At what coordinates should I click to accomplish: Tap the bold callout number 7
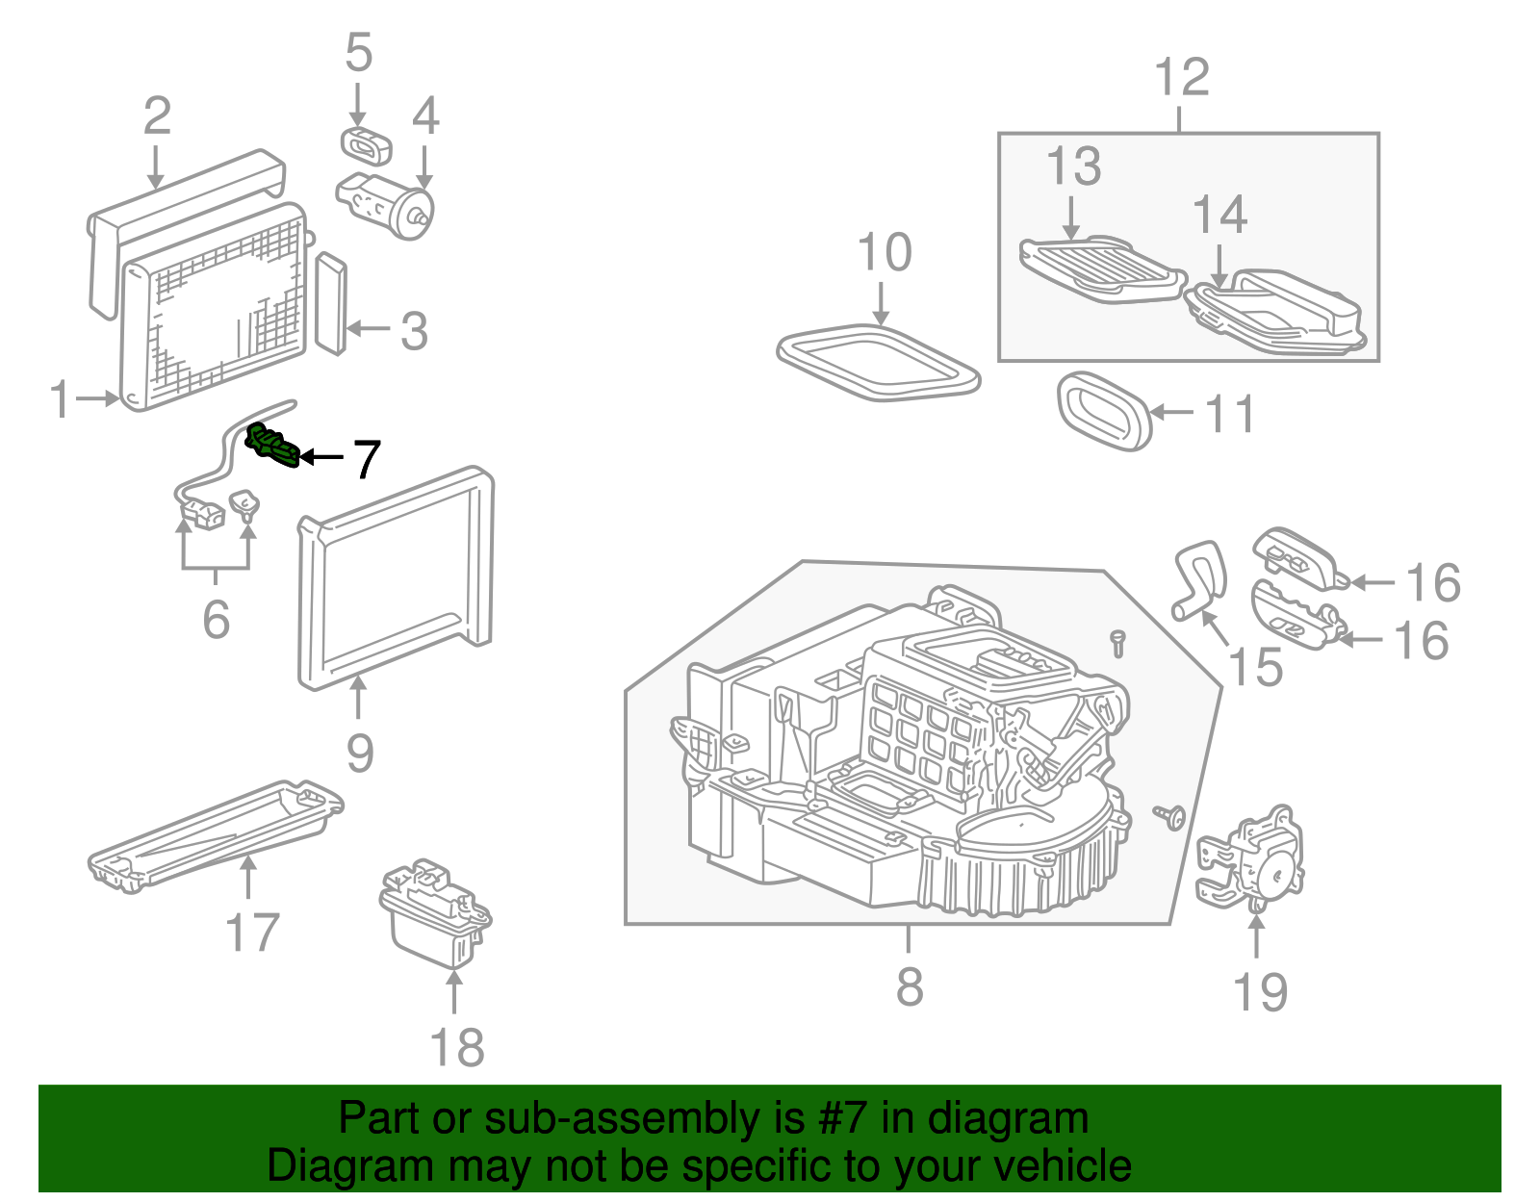point(367,460)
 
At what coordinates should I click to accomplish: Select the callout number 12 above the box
point(1181,77)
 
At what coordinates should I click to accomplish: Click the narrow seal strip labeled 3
point(330,303)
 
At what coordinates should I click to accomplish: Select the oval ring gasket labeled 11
point(1103,411)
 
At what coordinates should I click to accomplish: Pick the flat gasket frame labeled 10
point(878,364)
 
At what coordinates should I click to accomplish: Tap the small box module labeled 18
point(435,913)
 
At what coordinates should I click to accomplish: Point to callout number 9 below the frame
point(359,753)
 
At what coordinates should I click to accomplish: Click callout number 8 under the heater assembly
point(909,986)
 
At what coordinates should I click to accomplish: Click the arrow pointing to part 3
point(367,329)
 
